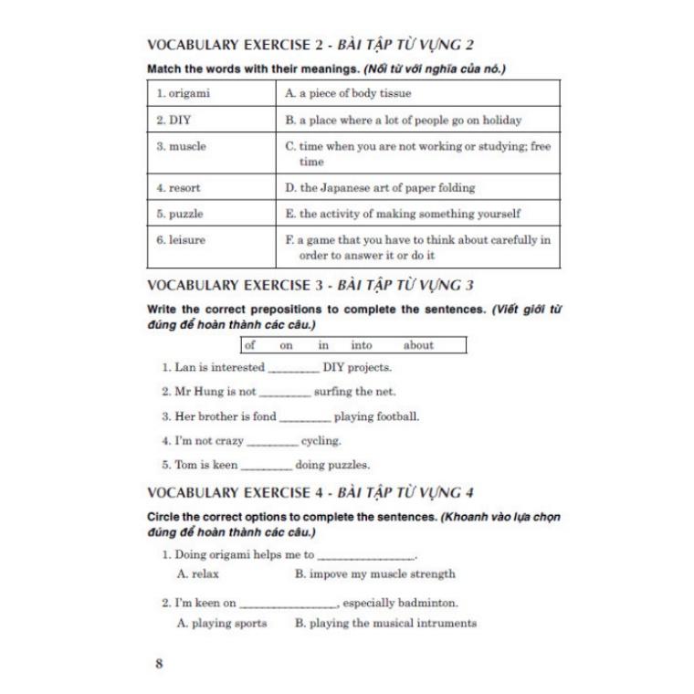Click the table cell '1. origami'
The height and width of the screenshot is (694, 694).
click(211, 93)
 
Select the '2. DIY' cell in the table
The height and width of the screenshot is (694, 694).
click(211, 120)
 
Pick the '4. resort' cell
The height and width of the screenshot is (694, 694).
click(211, 187)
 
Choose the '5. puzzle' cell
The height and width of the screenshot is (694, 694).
click(211, 214)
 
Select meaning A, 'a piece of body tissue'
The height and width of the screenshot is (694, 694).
click(348, 93)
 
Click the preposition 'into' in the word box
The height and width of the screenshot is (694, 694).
click(362, 345)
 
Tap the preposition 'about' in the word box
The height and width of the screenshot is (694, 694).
click(418, 345)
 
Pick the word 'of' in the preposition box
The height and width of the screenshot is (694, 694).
click(250, 345)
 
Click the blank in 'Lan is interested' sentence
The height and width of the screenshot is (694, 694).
click(294, 369)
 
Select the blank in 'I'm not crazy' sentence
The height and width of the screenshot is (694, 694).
click(272, 442)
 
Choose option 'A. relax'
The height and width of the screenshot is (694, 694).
click(198, 574)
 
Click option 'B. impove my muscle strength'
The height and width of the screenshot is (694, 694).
click(375, 574)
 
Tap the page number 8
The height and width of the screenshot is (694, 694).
click(160, 664)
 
